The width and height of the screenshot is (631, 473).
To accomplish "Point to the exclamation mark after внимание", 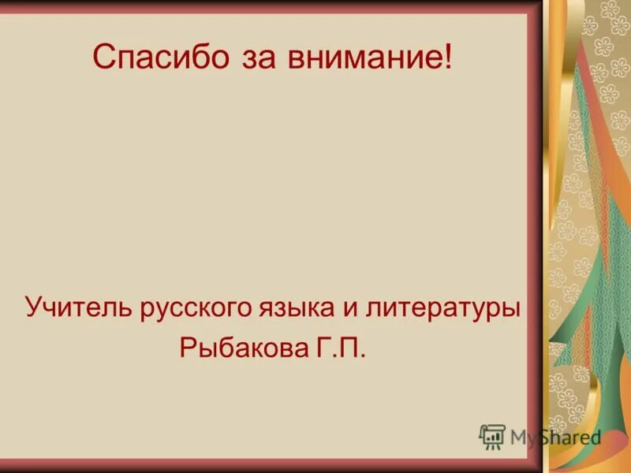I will (x=449, y=57).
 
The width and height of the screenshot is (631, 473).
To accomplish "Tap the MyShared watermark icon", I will (x=492, y=436).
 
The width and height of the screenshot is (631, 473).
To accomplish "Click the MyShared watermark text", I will (x=555, y=437).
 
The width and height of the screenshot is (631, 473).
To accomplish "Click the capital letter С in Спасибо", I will (x=103, y=58).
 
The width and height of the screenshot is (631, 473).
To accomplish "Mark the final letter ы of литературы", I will (x=510, y=309).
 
